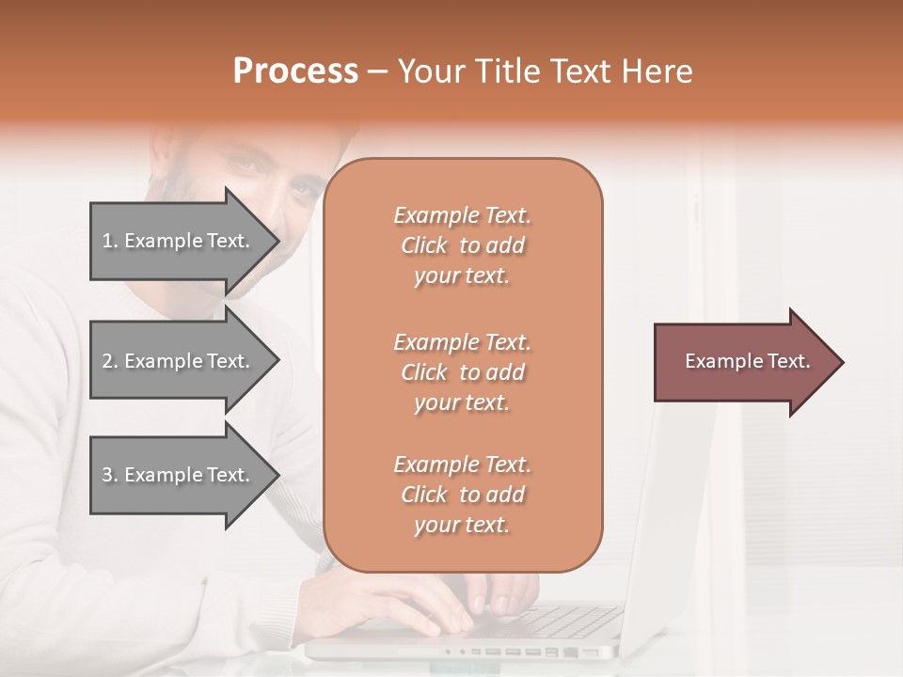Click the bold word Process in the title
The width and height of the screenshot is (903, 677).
295,71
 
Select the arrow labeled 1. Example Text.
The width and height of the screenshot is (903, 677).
179,241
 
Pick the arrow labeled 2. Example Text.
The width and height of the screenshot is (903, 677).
179,361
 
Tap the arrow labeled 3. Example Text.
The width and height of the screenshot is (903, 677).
179,475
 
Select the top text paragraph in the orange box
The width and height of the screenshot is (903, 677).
462,245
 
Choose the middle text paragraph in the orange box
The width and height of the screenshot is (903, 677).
462,372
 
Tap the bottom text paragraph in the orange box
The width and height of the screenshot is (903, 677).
462,495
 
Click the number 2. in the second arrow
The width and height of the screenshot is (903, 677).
110,361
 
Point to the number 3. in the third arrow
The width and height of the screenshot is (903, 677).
110,475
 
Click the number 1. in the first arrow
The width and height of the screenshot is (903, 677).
110,241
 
